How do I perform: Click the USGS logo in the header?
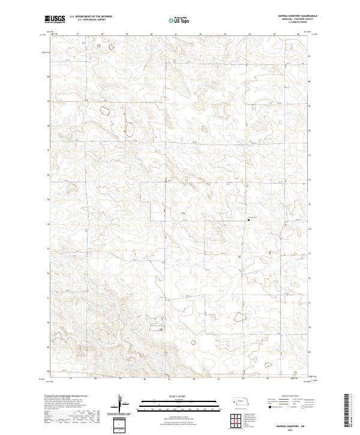pos(53,19)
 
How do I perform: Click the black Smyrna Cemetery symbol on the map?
pos(250,220)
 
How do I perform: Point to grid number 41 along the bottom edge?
pos(169,379)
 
